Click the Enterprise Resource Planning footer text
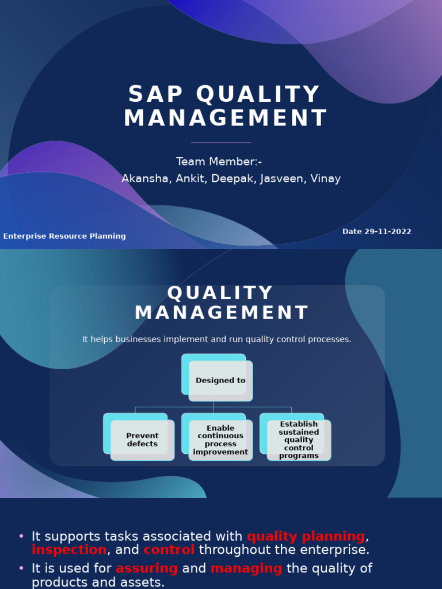64,236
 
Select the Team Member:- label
219,162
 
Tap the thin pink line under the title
221,143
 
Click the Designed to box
220,380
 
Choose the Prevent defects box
142,440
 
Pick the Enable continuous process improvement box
220,440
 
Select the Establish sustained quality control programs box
299,440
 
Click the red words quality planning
306,537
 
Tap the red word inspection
69,550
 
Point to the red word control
169,550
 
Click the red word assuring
147,569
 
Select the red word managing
246,569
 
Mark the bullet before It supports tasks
21,537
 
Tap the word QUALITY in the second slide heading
220,293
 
